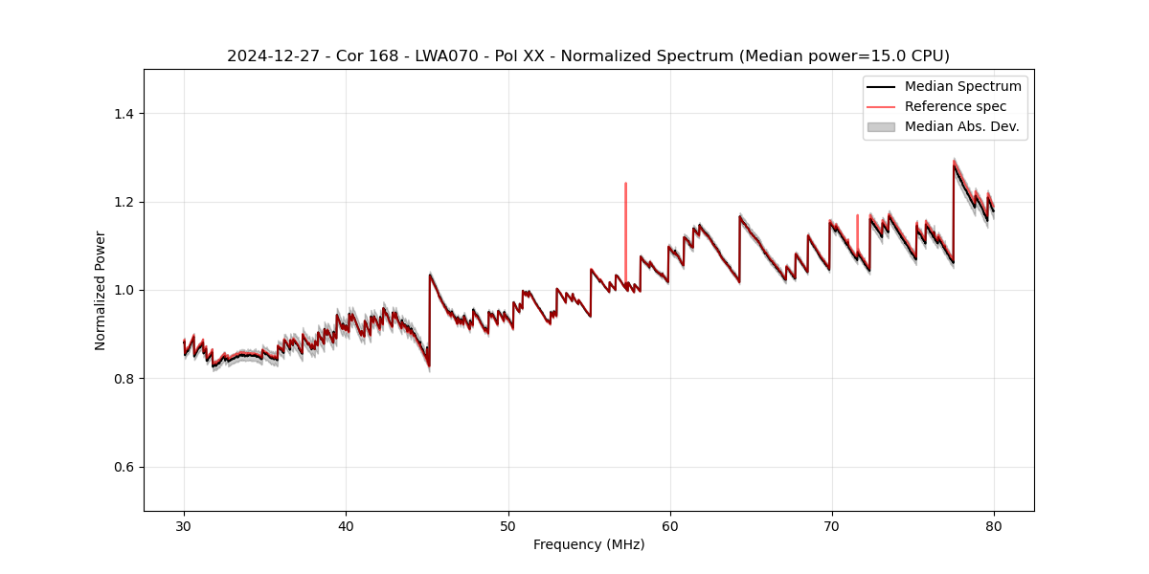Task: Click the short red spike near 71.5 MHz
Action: click(857, 225)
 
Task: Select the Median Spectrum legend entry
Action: click(962, 86)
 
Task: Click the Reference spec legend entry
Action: click(955, 106)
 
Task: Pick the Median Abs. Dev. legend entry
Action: click(961, 126)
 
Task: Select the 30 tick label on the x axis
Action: click(184, 525)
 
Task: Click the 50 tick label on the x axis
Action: click(508, 525)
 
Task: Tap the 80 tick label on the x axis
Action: click(994, 525)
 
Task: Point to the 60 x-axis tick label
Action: click(670, 525)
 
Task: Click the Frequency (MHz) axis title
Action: click(589, 544)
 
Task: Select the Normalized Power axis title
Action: click(101, 290)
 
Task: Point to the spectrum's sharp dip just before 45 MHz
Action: click(428, 364)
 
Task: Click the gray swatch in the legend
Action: click(881, 126)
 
